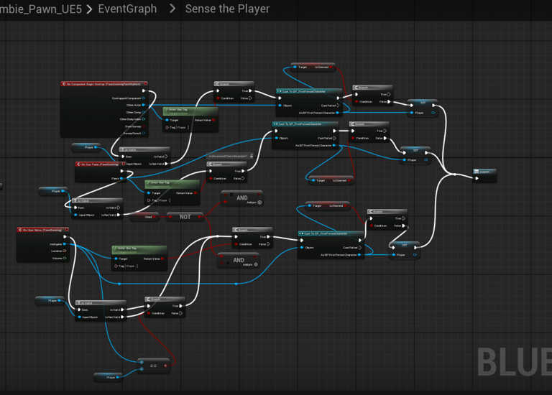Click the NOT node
185,216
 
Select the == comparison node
154,365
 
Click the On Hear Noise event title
42,230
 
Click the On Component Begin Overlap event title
105,84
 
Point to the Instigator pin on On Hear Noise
57,244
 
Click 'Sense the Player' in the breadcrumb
227,9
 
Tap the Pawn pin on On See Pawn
114,178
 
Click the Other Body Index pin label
128,119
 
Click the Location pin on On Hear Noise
58,251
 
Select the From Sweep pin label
132,126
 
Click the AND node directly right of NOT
241,198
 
